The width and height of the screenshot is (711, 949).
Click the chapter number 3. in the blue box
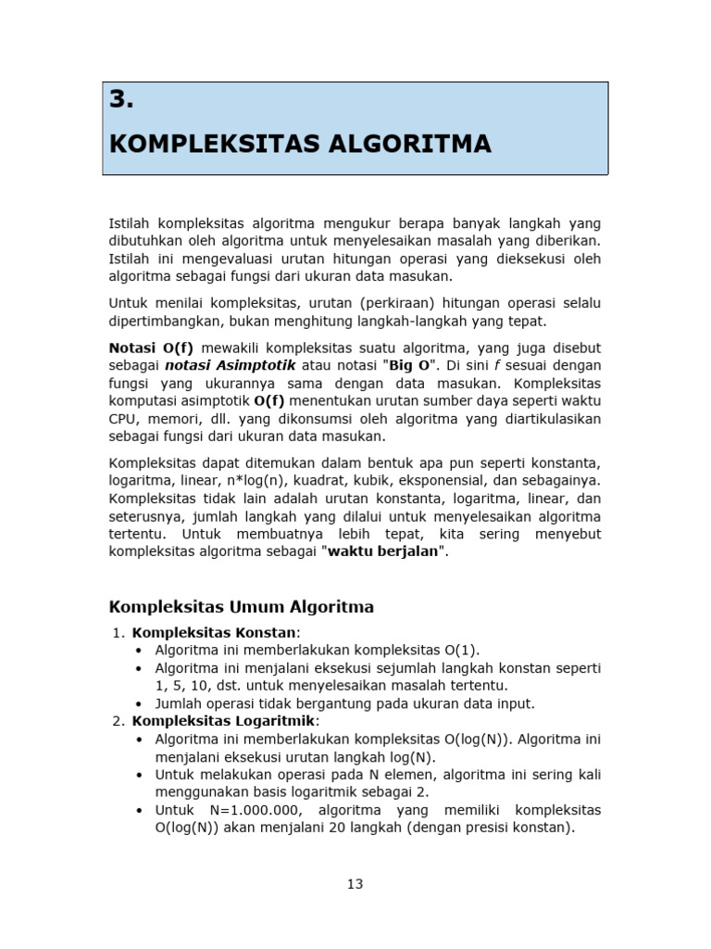coord(122,101)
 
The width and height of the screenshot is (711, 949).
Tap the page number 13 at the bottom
coord(355,883)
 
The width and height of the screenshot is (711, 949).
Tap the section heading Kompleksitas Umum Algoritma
coord(242,607)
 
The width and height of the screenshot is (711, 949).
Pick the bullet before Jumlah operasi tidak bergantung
coord(139,703)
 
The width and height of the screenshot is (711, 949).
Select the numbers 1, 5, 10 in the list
coord(186,685)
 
